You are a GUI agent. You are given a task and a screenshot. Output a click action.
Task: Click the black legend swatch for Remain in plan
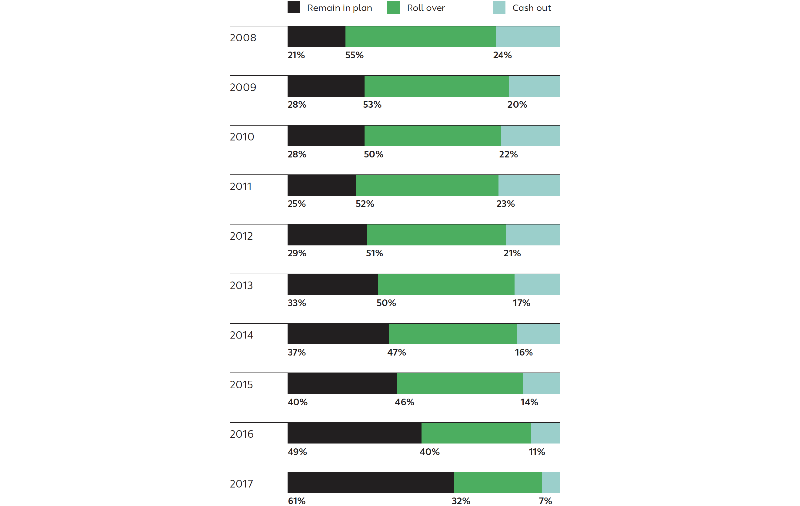(293, 7)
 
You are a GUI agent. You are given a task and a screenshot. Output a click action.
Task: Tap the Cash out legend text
(531, 8)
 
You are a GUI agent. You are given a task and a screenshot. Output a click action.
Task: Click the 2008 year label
(243, 38)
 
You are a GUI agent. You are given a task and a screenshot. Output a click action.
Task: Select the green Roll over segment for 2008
(420, 37)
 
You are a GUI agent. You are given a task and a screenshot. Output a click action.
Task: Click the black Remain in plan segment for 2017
(370, 482)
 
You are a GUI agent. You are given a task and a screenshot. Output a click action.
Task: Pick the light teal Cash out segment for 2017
(551, 482)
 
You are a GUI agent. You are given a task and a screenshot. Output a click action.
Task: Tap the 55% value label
(354, 55)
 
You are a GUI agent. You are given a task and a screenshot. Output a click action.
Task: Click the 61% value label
(296, 501)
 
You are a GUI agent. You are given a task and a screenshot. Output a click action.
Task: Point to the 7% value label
(545, 501)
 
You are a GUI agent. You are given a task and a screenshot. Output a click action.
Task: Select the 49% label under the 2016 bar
(297, 452)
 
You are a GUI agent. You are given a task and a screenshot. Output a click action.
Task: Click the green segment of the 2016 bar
(476, 433)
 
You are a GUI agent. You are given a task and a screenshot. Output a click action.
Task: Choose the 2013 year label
(241, 285)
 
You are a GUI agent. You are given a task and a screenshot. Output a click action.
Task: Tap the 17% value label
(521, 303)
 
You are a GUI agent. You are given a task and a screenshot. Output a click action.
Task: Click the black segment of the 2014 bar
(338, 334)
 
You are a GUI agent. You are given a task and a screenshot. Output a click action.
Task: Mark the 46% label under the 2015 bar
(404, 402)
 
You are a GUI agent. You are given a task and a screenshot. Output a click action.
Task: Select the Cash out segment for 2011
(529, 185)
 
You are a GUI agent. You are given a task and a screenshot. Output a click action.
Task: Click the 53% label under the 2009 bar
(372, 104)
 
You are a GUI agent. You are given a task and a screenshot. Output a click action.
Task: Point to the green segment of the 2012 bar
(436, 235)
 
